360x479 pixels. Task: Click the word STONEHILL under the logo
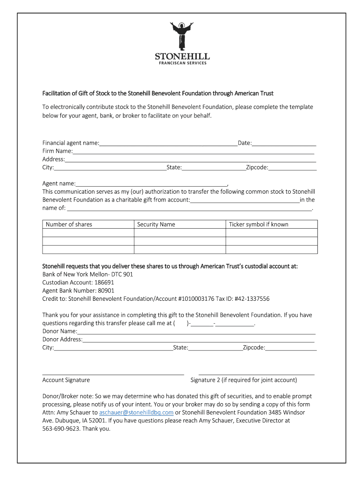pyautogui.click(x=182, y=57)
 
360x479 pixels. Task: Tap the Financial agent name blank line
pyautogui.click(x=168, y=143)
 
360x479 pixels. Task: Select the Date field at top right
pyautogui.click(x=284, y=143)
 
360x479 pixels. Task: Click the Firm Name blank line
pyautogui.click(x=193, y=151)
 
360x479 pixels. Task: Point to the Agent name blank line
pyautogui.click(x=151, y=184)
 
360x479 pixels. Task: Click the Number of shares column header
pyautogui.click(x=69, y=225)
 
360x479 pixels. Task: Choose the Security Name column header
pyautogui.click(x=156, y=225)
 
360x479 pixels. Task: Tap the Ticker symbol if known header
pyautogui.click(x=259, y=225)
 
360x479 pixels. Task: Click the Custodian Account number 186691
pyautogui.click(x=104, y=283)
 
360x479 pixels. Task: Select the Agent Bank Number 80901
pyautogui.click(x=105, y=290)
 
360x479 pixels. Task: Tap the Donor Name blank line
pyautogui.click(x=196, y=331)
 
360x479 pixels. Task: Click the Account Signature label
pyautogui.click(x=66, y=380)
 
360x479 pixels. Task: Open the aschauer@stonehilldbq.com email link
pyautogui.click(x=136, y=413)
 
